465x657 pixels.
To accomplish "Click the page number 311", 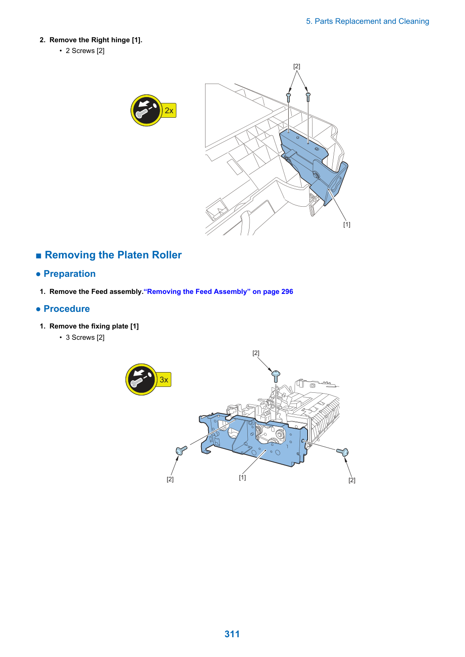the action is (x=232, y=634).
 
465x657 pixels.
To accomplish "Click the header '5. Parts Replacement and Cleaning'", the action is (x=367, y=22).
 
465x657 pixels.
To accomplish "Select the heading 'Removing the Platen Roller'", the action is (x=113, y=255).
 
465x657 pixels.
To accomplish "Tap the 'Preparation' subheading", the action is (x=70, y=274).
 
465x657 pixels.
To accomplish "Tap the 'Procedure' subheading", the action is (x=67, y=309).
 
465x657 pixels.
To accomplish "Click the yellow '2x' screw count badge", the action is (x=169, y=111).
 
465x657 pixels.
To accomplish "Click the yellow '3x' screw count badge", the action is (x=164, y=380).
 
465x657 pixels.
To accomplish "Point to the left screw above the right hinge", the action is (x=289, y=98).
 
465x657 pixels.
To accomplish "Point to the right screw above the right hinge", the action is (x=308, y=97).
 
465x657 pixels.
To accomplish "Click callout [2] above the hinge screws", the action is (x=297, y=67).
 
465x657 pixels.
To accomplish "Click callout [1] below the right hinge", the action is (x=347, y=224).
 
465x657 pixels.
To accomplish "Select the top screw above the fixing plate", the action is (x=276, y=376).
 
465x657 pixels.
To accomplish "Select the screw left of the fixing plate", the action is (x=181, y=450).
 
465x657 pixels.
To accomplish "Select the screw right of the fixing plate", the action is (x=343, y=452).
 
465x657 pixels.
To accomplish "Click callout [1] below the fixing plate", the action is (x=242, y=478).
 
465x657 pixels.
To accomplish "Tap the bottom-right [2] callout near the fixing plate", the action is (x=352, y=480).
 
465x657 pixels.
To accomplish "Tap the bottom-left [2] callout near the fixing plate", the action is (x=170, y=479).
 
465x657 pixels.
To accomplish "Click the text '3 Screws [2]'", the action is (x=85, y=337).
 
